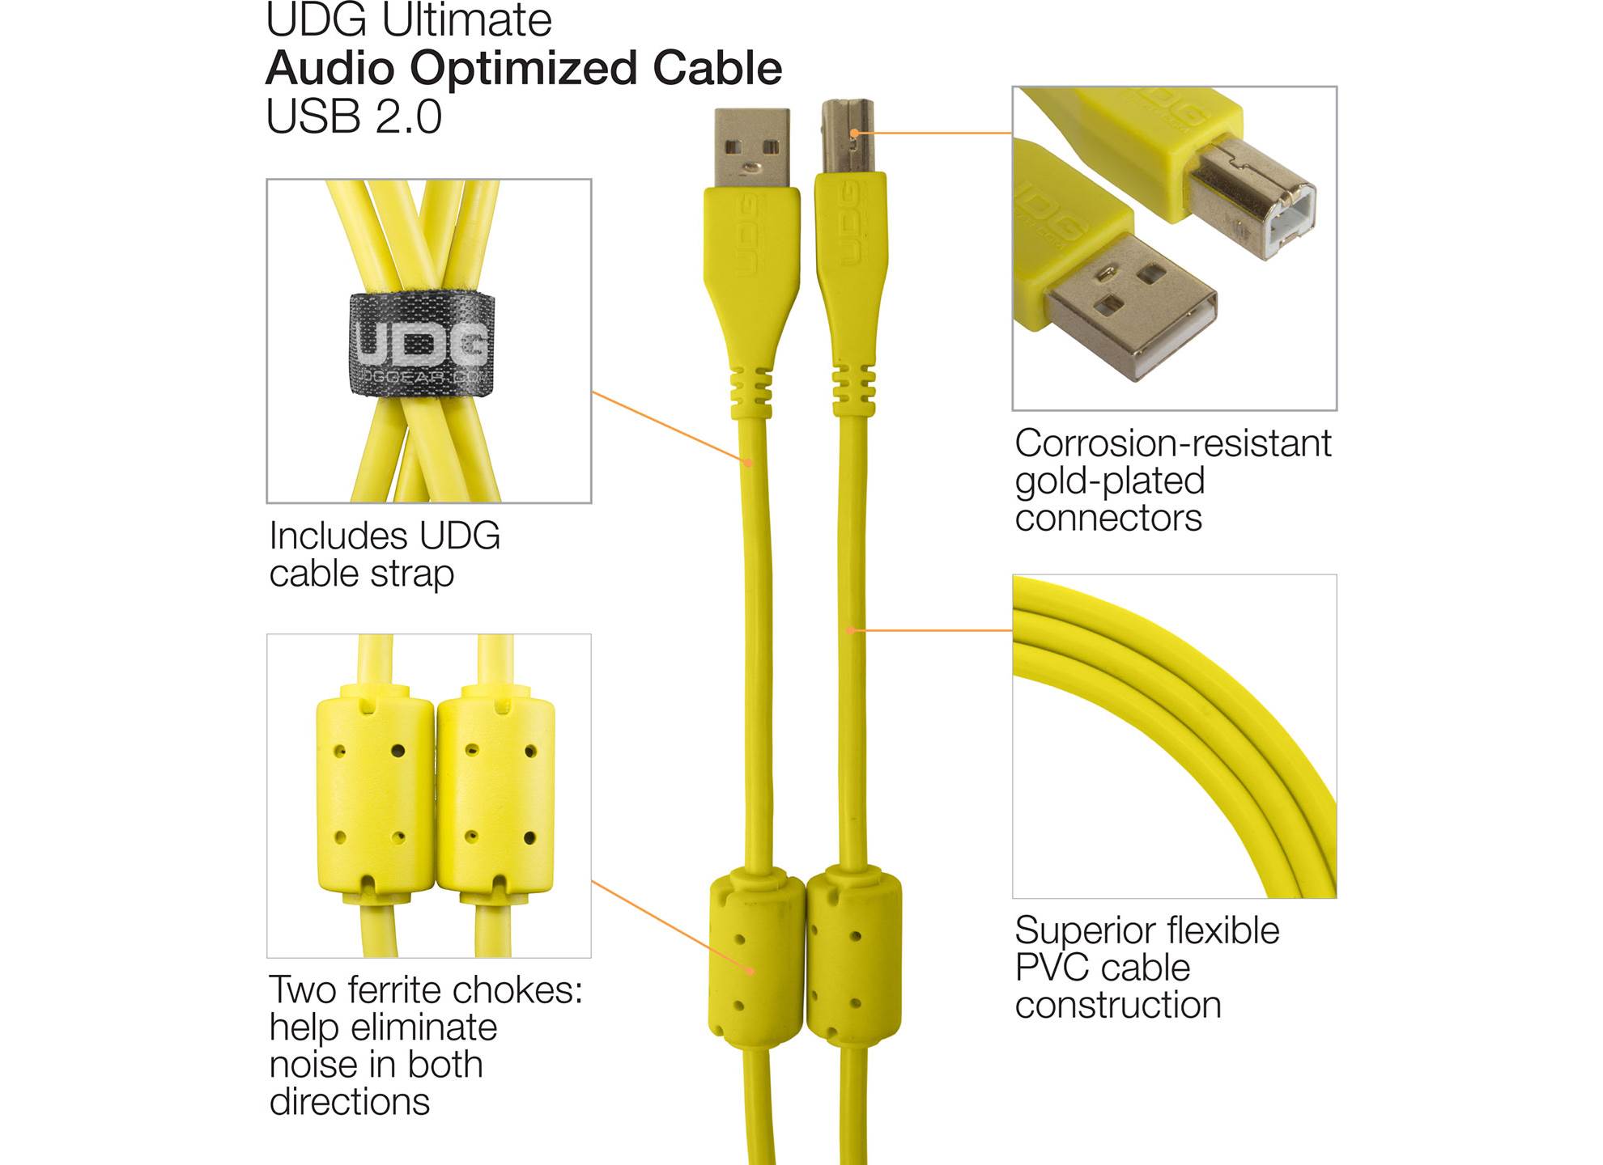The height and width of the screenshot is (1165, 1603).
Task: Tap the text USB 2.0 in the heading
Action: (354, 116)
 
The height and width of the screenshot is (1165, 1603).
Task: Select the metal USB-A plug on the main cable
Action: (751, 148)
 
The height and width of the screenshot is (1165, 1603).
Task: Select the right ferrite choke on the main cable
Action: (854, 955)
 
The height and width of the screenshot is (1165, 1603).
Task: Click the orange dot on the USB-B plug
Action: (855, 133)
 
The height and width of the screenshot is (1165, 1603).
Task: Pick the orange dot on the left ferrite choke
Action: (751, 971)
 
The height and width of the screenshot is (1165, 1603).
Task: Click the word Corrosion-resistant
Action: (1173, 443)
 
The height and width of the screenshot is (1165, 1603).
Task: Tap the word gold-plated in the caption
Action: (1110, 482)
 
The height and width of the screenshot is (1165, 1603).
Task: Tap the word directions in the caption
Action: (350, 1102)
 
